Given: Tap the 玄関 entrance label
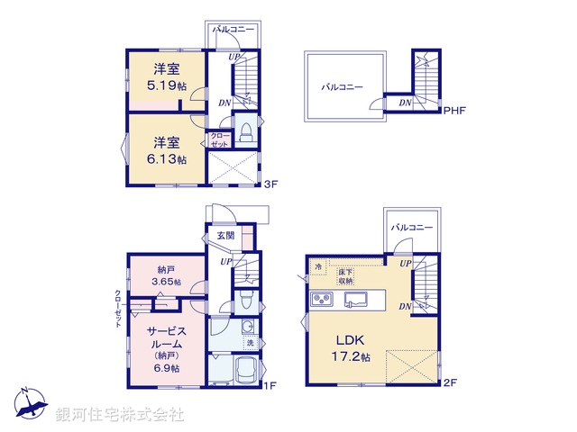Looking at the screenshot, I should coord(225,236).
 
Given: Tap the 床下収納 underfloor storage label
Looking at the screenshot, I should coord(347,275).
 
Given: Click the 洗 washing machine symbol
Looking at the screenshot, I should coord(251,344).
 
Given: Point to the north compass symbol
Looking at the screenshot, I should coord(30,406).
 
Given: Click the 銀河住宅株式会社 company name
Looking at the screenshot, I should coord(120,415).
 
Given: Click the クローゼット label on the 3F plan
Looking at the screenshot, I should coord(220,140).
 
